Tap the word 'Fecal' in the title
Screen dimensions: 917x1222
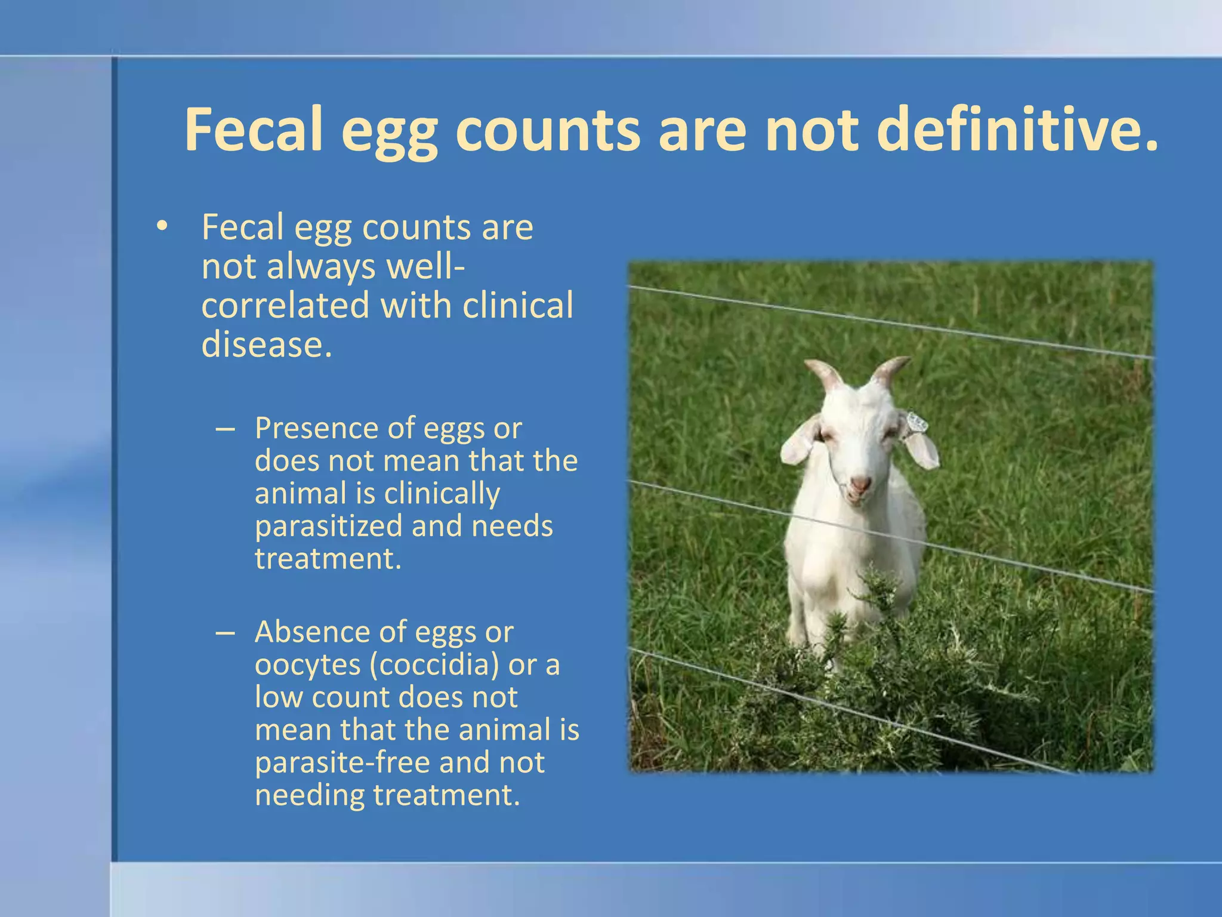(254, 130)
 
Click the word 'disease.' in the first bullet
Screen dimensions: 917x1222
(266, 344)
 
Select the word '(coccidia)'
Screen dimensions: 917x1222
(434, 664)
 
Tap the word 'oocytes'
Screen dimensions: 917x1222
(307, 664)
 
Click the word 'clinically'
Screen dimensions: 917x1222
(442, 494)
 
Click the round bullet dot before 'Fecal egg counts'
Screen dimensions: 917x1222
(161, 227)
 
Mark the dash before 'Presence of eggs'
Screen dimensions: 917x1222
(226, 429)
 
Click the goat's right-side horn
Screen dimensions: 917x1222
(890, 370)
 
